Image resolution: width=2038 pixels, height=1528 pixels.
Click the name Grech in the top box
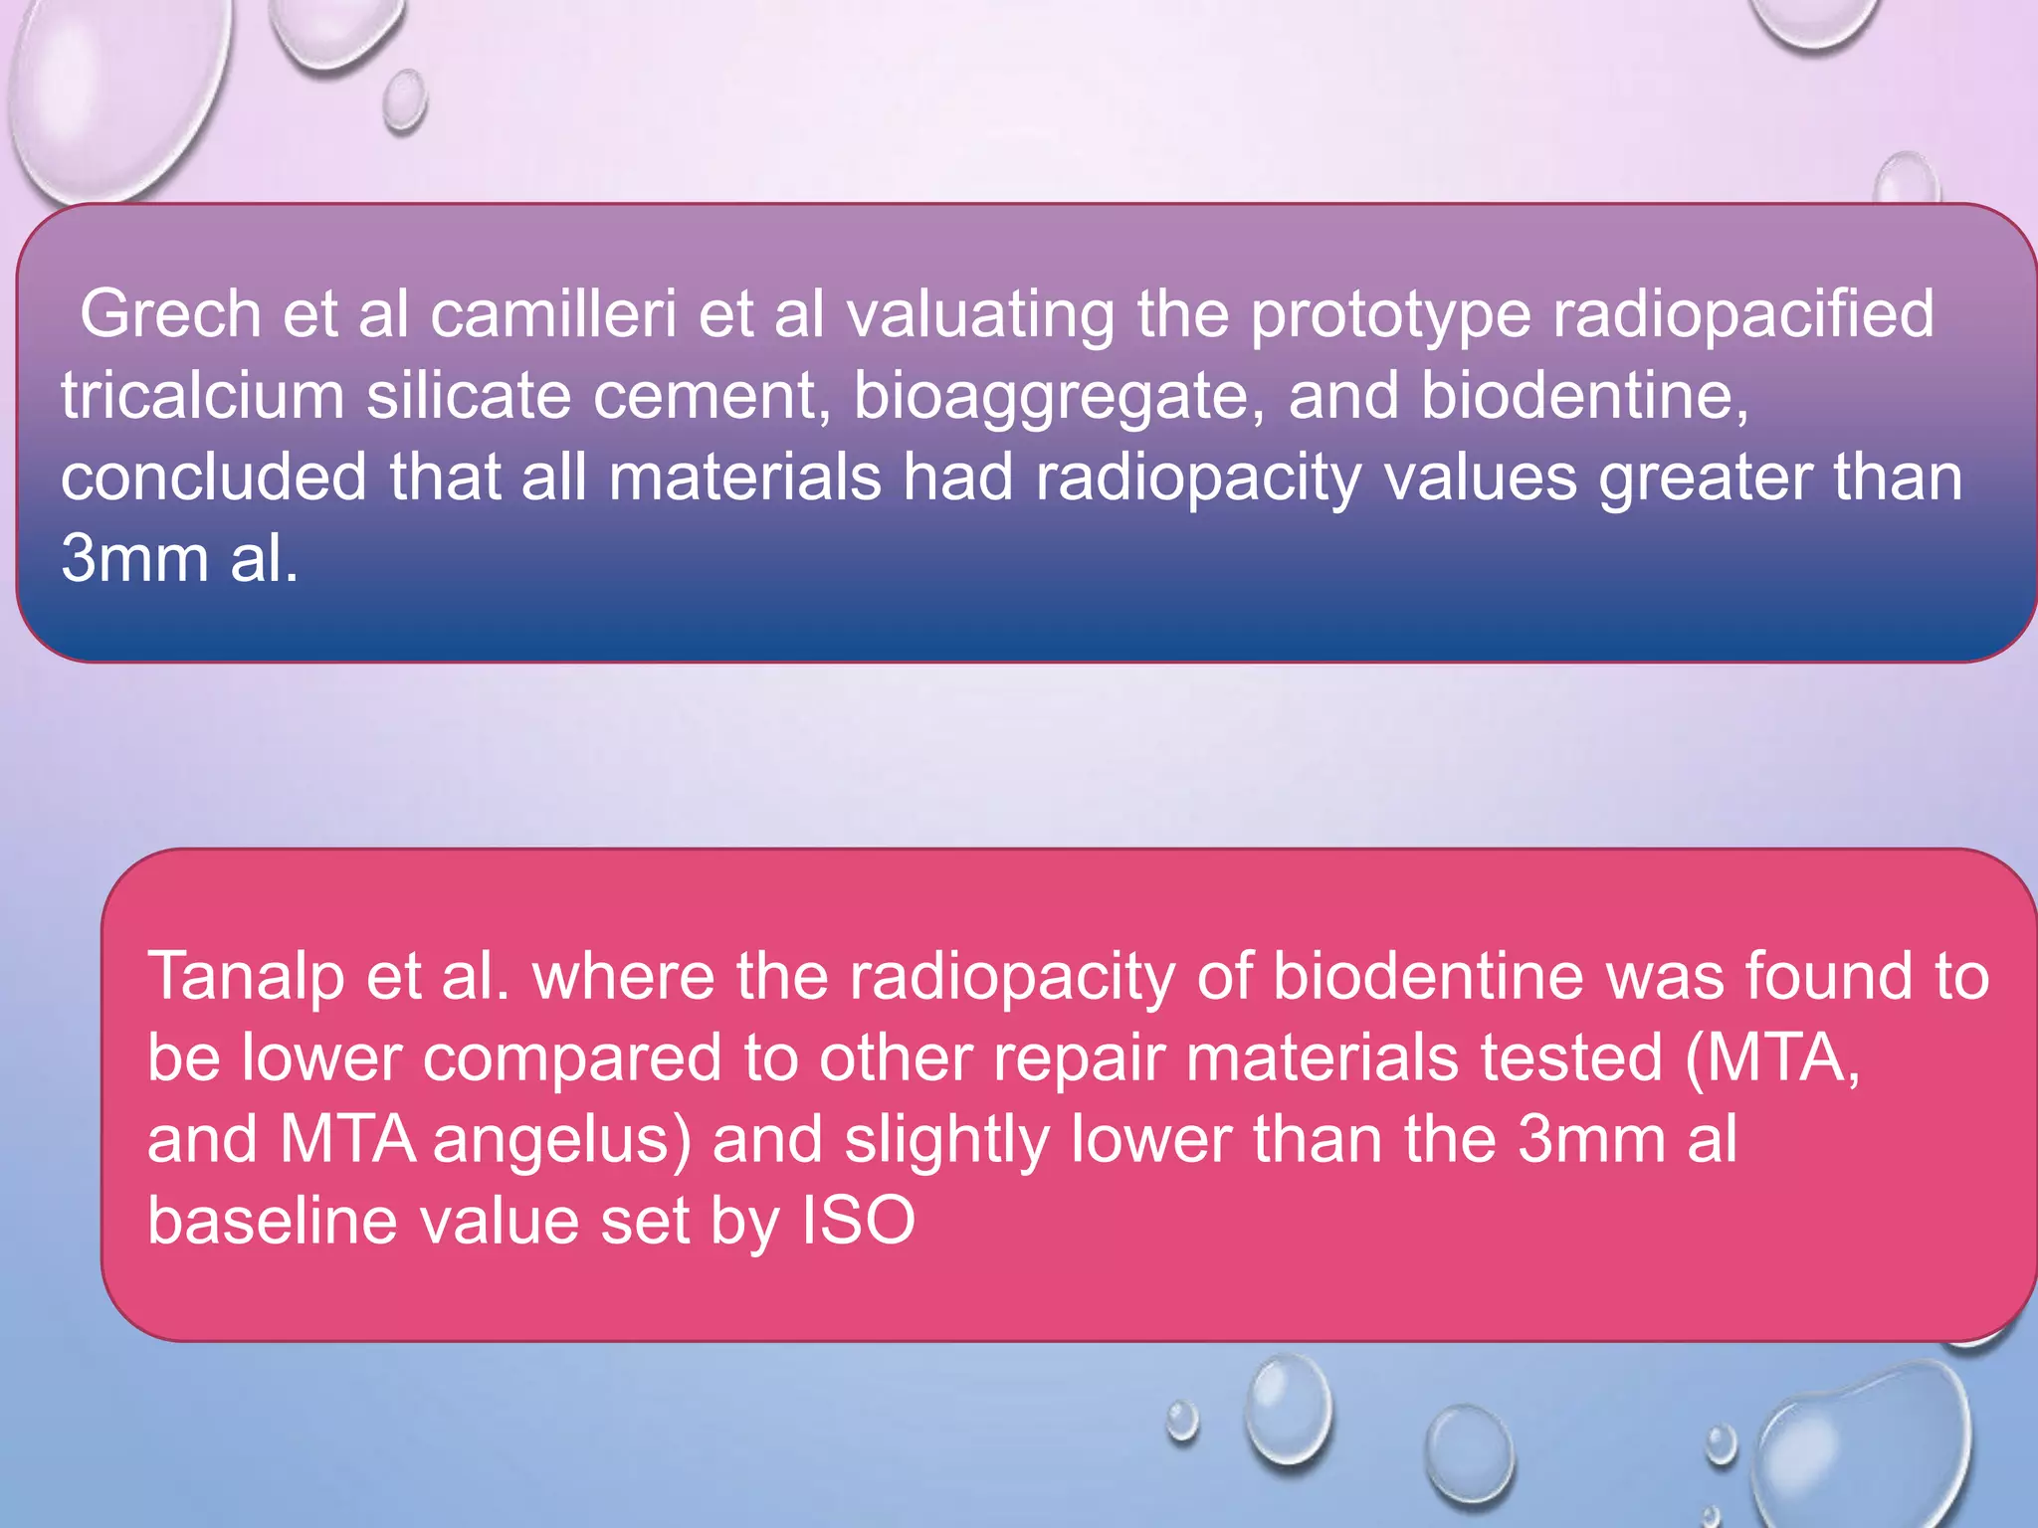coord(169,314)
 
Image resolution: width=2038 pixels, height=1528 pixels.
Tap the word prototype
coord(1389,314)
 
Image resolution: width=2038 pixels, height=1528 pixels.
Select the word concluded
coord(213,477)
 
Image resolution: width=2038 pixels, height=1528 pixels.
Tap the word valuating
coord(979,314)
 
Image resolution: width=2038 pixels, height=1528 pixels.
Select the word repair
coord(1079,1057)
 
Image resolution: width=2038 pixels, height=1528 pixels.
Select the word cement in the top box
coord(712,396)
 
